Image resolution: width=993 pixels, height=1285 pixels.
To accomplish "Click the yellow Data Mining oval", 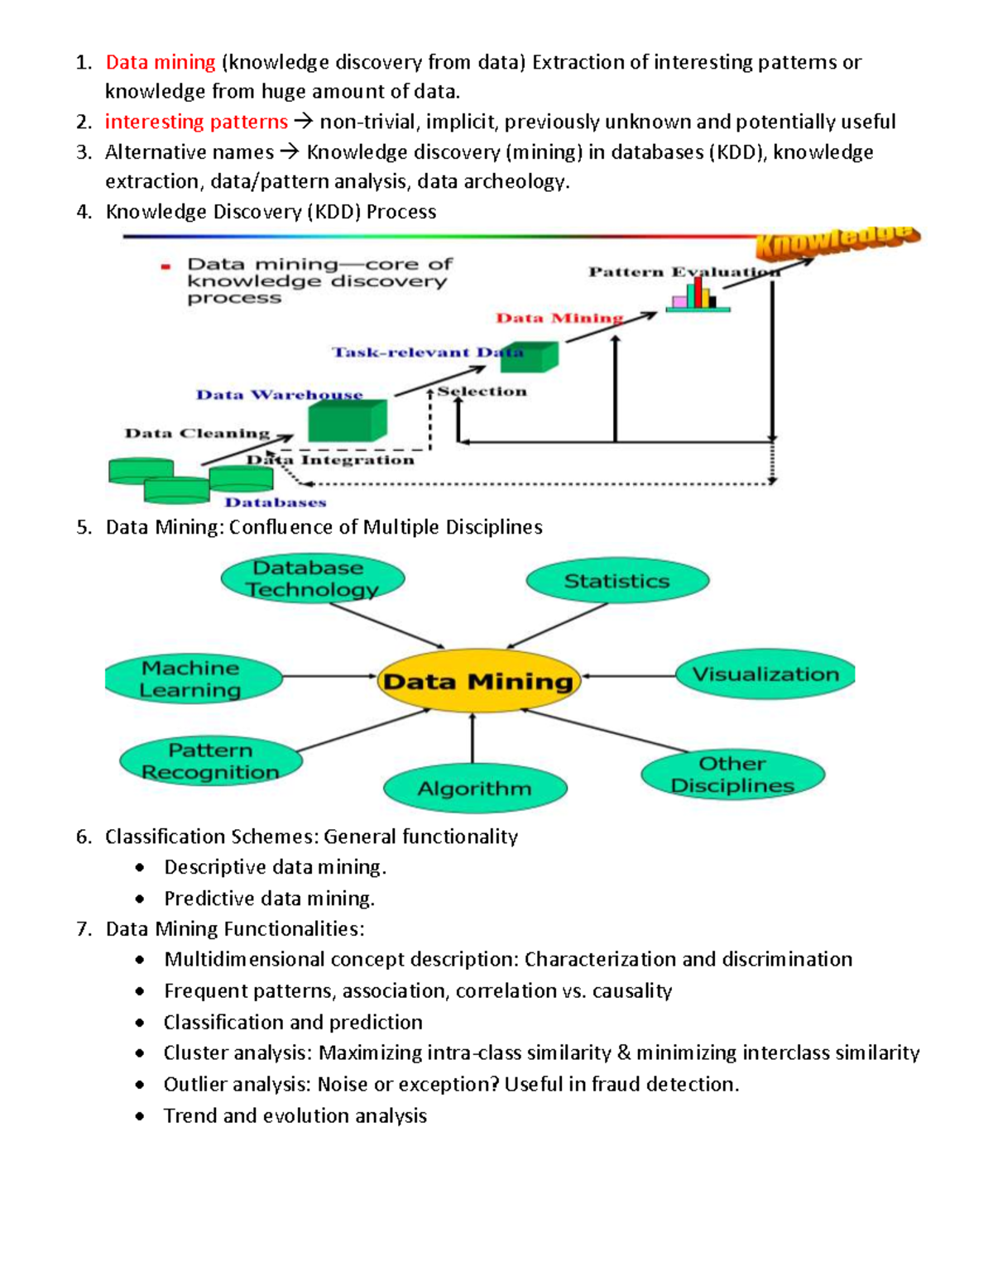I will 477,681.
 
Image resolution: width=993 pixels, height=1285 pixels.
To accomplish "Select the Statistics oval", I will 617,581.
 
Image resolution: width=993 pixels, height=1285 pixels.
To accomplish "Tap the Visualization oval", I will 765,674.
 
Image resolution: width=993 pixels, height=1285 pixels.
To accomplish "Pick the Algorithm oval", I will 475,788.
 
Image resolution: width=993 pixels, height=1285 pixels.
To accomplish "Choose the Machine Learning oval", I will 191,678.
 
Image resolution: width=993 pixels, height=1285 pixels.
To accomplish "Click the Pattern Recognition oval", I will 211,760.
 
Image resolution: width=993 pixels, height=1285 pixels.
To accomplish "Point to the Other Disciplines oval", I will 732,774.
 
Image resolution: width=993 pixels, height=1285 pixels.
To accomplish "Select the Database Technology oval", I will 312,578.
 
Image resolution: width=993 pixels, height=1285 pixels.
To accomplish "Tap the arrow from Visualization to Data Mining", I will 629,676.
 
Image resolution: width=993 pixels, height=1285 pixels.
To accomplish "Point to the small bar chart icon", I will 698,295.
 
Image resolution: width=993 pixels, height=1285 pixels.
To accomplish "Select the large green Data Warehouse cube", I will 347,421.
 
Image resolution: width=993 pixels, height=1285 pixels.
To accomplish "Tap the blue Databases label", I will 276,502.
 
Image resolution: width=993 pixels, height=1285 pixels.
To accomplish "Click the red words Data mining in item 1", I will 161,62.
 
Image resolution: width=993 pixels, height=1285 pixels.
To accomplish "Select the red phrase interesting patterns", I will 196,122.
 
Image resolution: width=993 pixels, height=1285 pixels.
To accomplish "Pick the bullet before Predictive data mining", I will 140,899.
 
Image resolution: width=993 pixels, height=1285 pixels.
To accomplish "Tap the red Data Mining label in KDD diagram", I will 559,318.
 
